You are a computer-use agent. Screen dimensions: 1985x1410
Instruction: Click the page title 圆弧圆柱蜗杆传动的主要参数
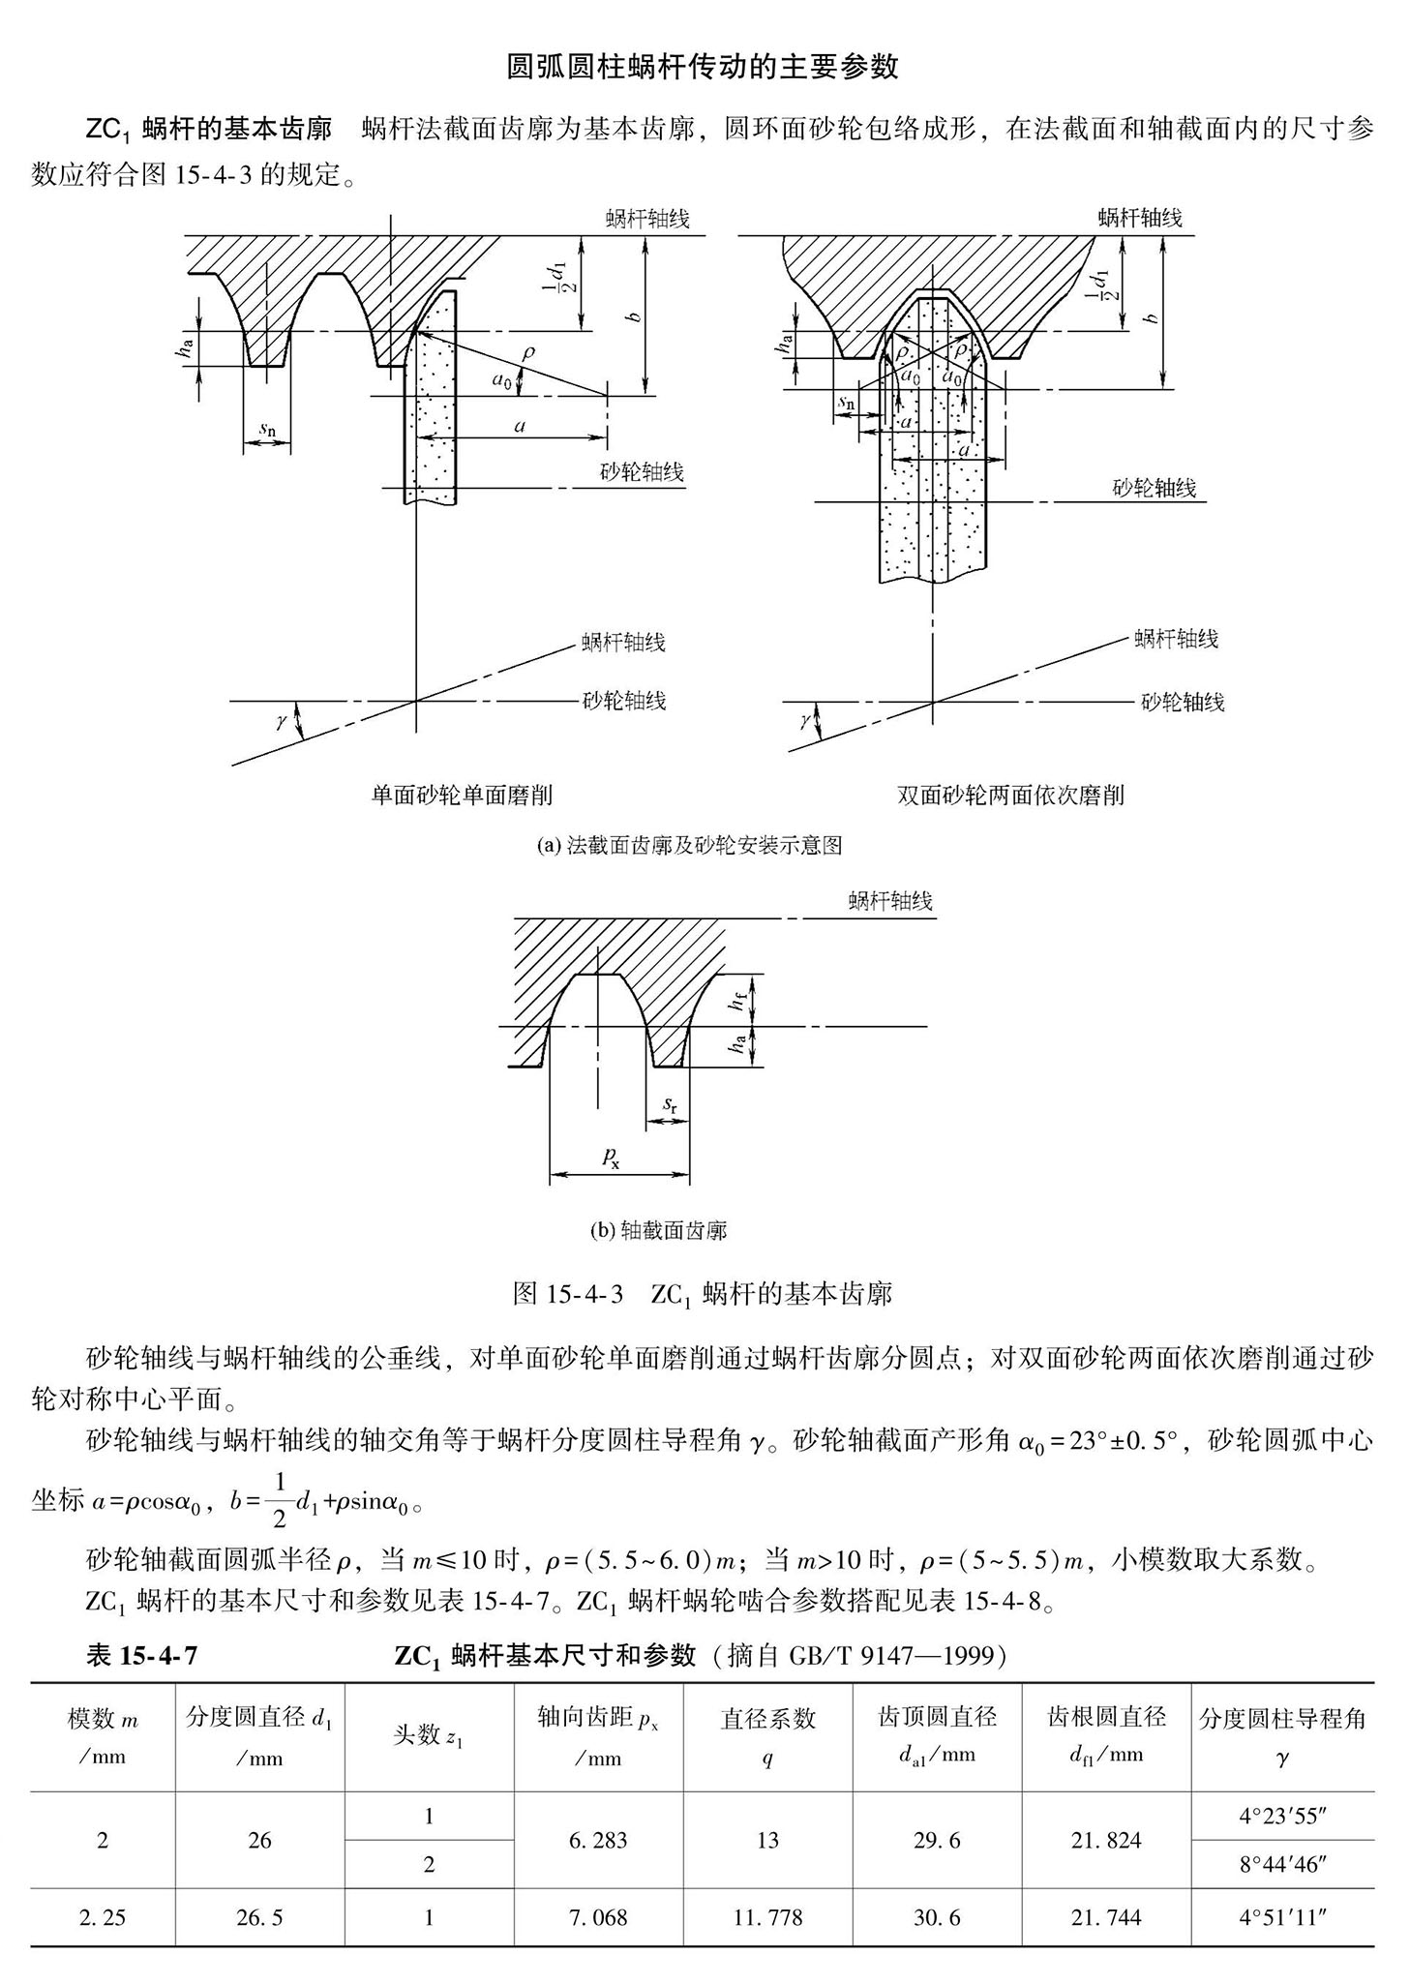(704, 66)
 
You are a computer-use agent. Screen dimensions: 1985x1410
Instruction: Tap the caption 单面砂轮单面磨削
(462, 796)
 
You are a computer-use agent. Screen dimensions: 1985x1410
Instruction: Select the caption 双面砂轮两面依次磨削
(1010, 796)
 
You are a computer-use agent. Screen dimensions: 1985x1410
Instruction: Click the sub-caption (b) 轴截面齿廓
(658, 1231)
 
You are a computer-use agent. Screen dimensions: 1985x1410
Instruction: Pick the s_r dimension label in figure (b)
(670, 1104)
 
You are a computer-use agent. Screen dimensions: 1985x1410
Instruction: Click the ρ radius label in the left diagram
(527, 353)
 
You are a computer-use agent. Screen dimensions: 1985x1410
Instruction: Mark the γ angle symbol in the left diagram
(282, 721)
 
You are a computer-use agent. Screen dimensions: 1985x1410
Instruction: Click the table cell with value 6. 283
(598, 1840)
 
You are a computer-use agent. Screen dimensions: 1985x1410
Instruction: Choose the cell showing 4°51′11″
(1282, 1916)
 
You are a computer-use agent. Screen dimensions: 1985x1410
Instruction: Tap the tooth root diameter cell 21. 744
(1106, 1916)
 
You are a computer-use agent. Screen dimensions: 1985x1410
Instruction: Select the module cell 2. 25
(103, 1916)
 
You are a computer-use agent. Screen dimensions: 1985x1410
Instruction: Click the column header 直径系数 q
(767, 1737)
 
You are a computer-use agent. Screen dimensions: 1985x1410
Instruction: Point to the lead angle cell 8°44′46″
(1282, 1864)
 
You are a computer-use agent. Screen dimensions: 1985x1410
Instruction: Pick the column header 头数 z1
(429, 1737)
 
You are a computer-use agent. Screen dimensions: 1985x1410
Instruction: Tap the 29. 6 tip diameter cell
(937, 1840)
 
